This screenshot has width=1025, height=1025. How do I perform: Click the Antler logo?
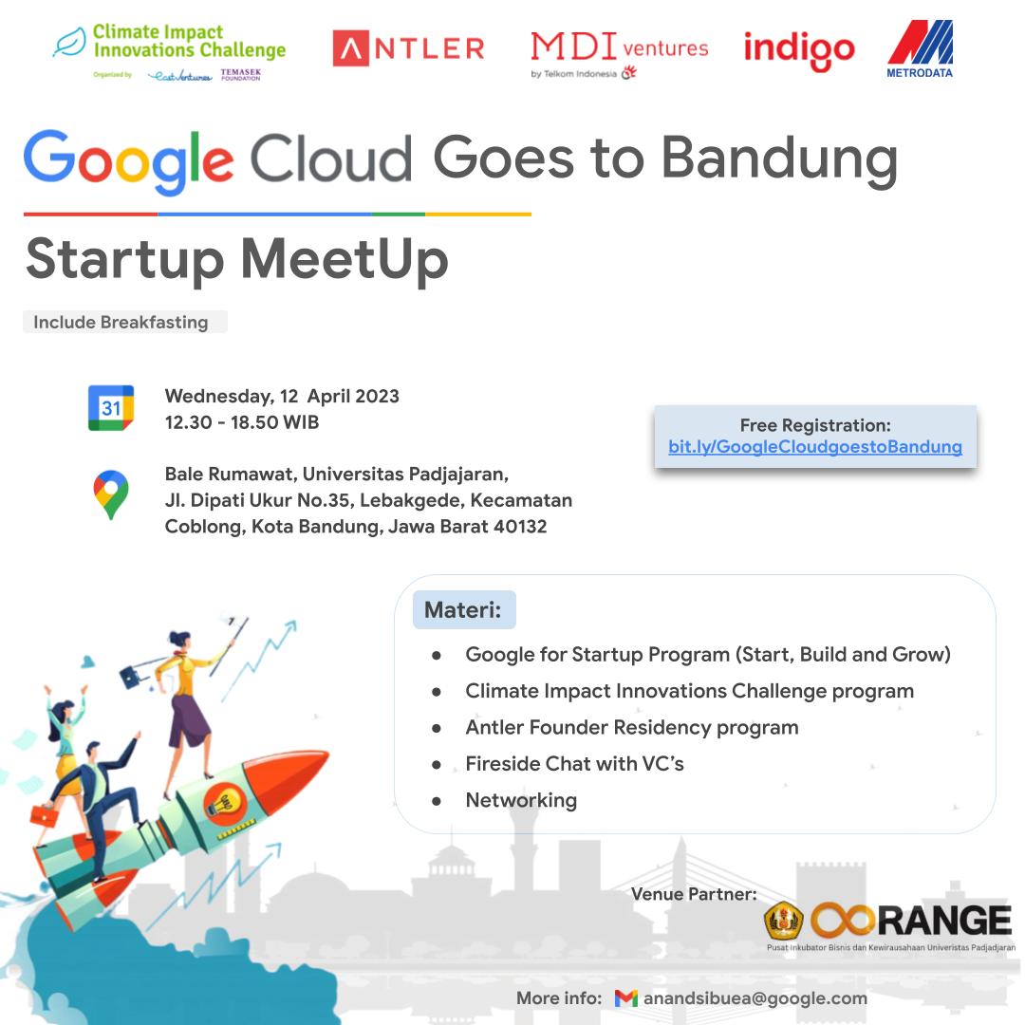408,48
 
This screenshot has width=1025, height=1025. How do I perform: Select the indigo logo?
799,51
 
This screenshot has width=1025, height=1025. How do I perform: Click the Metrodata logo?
920,49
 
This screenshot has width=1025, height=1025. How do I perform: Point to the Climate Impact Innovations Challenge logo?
169,52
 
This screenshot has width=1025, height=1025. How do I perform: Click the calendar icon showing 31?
111,408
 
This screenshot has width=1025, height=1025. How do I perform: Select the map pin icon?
111,494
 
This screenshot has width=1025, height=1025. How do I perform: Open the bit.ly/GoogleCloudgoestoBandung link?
815,446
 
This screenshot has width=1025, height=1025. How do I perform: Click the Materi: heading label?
464,609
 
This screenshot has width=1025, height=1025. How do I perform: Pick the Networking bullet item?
521,800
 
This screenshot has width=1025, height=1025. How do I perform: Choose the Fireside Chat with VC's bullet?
574,763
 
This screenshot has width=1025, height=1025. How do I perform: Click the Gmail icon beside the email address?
625,998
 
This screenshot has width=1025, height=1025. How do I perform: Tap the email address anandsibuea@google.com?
755,998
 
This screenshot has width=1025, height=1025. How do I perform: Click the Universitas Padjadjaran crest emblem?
784,921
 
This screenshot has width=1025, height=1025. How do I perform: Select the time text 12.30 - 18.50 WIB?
242,422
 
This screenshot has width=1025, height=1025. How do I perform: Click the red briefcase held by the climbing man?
44,815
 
